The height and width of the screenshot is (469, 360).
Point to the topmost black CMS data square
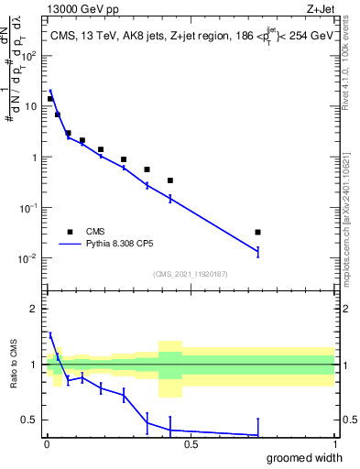[50, 99]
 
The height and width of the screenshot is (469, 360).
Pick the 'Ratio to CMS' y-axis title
[14, 376]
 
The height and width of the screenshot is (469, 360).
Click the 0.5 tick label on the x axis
[191, 445]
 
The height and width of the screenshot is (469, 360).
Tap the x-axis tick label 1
[334, 445]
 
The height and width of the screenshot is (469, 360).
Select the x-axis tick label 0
[47, 445]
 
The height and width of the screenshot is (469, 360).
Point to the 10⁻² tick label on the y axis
[28, 258]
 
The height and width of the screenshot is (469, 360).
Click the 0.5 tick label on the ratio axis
[31, 420]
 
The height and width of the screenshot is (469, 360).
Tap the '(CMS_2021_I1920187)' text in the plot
[190, 274]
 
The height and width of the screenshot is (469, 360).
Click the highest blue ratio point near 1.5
[50, 335]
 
